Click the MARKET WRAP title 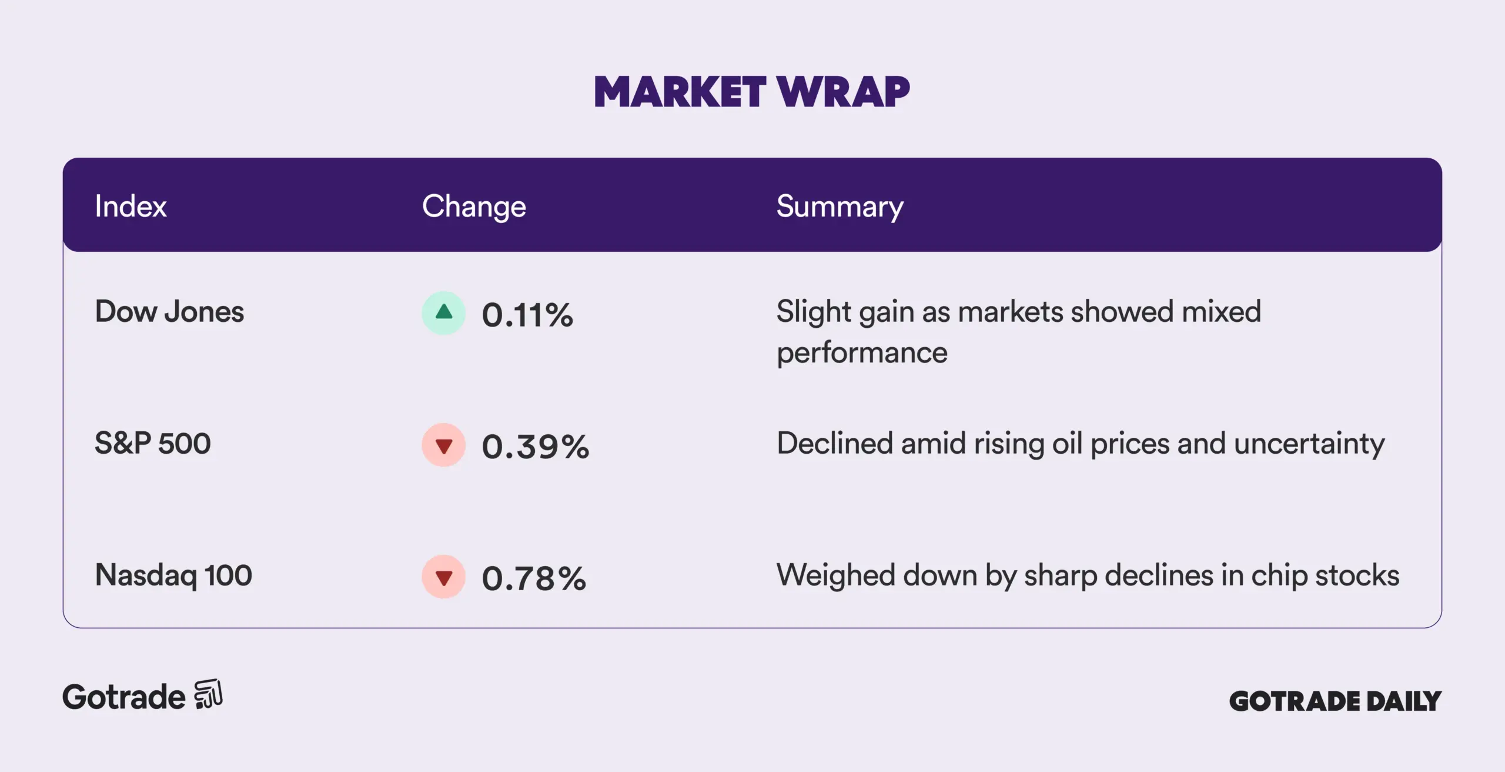coord(752,92)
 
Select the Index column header coord(131,207)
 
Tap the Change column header coord(474,207)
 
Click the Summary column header coord(840,207)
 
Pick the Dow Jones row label coord(169,311)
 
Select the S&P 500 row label coord(153,443)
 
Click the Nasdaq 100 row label coord(173,575)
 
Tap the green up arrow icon coord(444,312)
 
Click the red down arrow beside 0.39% coord(444,445)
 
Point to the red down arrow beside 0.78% coord(444,577)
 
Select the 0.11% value coord(527,315)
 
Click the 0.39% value coord(536,447)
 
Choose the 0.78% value coord(534,578)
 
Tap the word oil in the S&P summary coord(1067,443)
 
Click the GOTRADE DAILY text coord(1335,701)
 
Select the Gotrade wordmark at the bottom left coord(124,697)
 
